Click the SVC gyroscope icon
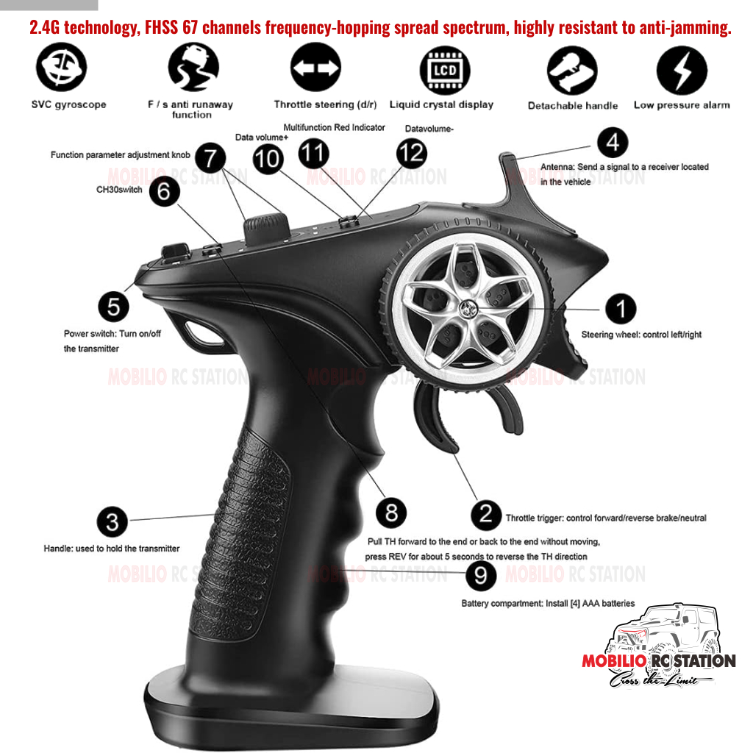62,67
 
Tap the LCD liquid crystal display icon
445,70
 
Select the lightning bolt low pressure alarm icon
682,70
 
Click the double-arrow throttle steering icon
315,67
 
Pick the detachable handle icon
572,70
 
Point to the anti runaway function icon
193,67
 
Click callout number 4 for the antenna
613,143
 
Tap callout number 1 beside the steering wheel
621,309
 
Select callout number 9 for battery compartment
481,575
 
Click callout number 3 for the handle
113,521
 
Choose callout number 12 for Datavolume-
412,153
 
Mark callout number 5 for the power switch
114,307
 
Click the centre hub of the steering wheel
465,309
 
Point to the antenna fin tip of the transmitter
506,156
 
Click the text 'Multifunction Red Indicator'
335,127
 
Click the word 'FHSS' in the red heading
161,28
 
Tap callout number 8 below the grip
391,513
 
